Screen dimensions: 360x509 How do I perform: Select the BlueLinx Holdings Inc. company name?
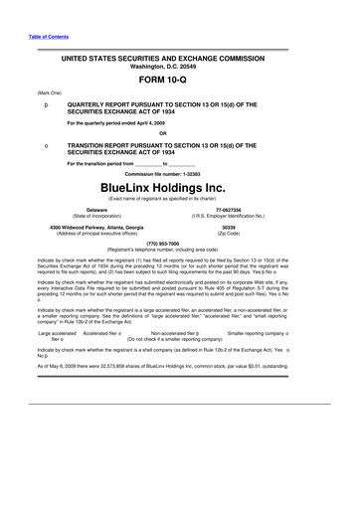tap(180, 186)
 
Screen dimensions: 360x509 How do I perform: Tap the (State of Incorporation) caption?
tap(96, 217)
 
